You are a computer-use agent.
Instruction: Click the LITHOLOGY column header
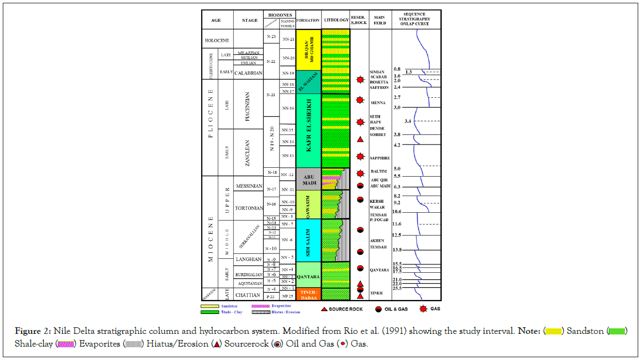click(x=335, y=20)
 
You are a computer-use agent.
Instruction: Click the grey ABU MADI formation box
click(x=308, y=179)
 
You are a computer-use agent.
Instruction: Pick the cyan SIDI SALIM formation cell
click(x=308, y=240)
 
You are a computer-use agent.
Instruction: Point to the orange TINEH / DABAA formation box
click(x=308, y=294)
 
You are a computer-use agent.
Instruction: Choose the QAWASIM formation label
click(x=308, y=204)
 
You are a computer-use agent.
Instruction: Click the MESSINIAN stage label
click(x=248, y=186)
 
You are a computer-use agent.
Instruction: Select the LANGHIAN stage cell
click(x=248, y=259)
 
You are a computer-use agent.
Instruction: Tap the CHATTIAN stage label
click(x=248, y=294)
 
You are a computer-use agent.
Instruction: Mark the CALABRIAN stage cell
click(x=248, y=73)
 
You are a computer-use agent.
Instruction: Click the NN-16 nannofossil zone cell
click(x=287, y=108)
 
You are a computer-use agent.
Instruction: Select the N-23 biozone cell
click(x=271, y=37)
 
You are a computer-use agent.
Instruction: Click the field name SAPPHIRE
click(x=380, y=158)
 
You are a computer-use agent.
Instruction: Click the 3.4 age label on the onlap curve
click(x=408, y=121)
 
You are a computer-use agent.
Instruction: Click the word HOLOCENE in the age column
click(x=217, y=40)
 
